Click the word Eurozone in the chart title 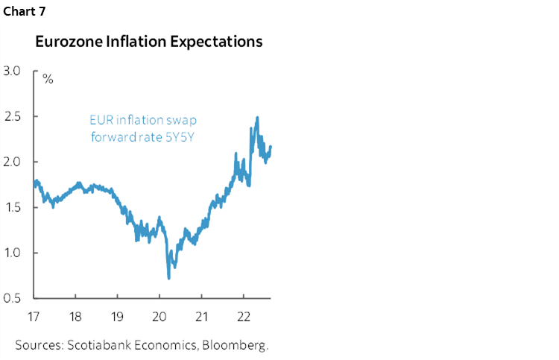[x=65, y=42]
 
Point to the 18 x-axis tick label [x=75, y=315]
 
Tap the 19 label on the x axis [x=118, y=315]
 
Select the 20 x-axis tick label [x=160, y=315]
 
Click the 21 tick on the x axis [x=202, y=315]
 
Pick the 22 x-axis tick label [x=244, y=315]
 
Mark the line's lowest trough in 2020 [x=168, y=277]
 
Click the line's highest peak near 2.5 [x=257, y=118]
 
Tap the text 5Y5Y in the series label [x=183, y=136]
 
